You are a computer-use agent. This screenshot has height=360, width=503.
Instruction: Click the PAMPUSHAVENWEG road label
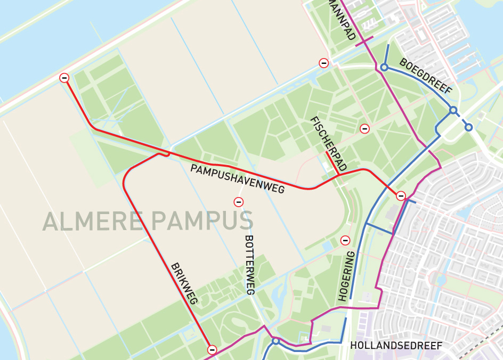pyautogui.click(x=238, y=178)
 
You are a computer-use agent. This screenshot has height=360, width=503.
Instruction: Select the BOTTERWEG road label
pyautogui.click(x=249, y=265)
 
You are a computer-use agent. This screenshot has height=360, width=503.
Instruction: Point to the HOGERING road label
pyautogui.click(x=346, y=277)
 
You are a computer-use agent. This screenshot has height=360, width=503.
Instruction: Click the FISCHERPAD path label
pyautogui.click(x=328, y=144)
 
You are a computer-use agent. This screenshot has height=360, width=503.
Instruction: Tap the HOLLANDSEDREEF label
pyautogui.click(x=396, y=346)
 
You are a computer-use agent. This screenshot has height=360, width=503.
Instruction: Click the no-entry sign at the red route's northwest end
pyautogui.click(x=64, y=78)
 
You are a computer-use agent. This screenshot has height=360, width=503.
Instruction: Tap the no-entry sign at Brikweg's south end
pyautogui.click(x=212, y=350)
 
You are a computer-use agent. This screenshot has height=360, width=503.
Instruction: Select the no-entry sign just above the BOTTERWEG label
pyautogui.click(x=239, y=202)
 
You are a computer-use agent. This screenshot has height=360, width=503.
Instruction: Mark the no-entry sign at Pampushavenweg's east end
pyautogui.click(x=401, y=196)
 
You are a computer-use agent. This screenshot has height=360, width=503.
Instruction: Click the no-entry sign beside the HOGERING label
pyautogui.click(x=345, y=240)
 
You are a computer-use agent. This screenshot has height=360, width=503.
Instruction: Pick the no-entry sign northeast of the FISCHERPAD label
pyautogui.click(x=364, y=128)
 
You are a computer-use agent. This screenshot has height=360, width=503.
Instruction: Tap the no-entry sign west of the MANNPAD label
pyautogui.click(x=323, y=63)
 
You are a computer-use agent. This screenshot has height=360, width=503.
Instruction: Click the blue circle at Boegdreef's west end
pyautogui.click(x=384, y=67)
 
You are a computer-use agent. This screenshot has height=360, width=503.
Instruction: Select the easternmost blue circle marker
pyautogui.click(x=468, y=127)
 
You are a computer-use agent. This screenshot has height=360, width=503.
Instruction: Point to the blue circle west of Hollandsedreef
pyautogui.click(x=275, y=341)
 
